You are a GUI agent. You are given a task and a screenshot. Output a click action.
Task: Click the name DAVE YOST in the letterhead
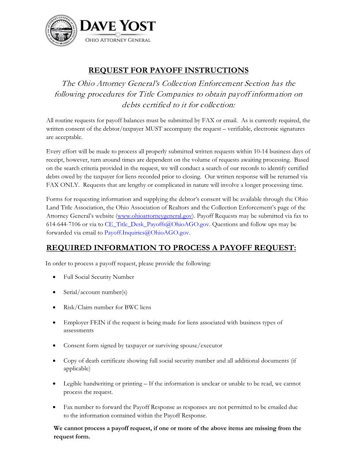click(117, 26)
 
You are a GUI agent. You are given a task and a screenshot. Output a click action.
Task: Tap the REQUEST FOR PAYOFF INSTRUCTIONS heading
click(169, 71)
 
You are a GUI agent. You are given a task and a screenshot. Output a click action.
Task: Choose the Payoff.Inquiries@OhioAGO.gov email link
click(147, 233)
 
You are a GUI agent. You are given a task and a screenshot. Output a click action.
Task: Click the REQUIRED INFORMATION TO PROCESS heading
click(171, 248)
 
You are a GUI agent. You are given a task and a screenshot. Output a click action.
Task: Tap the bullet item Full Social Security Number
click(98, 277)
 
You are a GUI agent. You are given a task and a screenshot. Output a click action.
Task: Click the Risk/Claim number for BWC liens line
click(107, 307)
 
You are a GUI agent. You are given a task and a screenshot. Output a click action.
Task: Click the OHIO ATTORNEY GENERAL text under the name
click(117, 40)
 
